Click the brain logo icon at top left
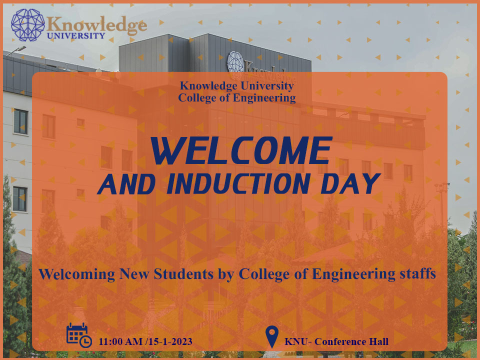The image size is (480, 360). pos(28,25)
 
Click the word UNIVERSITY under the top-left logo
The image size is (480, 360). pos(76,36)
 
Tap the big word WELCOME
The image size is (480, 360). pos(241,150)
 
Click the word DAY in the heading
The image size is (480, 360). pos(350,183)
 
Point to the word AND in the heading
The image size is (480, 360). pos(126,184)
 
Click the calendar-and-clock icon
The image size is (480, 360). pos(79,335)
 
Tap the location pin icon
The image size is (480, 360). pos(272,336)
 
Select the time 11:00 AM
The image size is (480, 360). pos(120,341)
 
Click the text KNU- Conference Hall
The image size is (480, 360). pos(336,341)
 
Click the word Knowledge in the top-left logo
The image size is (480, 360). pos(97,24)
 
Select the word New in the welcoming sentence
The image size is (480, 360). pos(134,273)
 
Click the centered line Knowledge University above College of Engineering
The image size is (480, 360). pos(237,86)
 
